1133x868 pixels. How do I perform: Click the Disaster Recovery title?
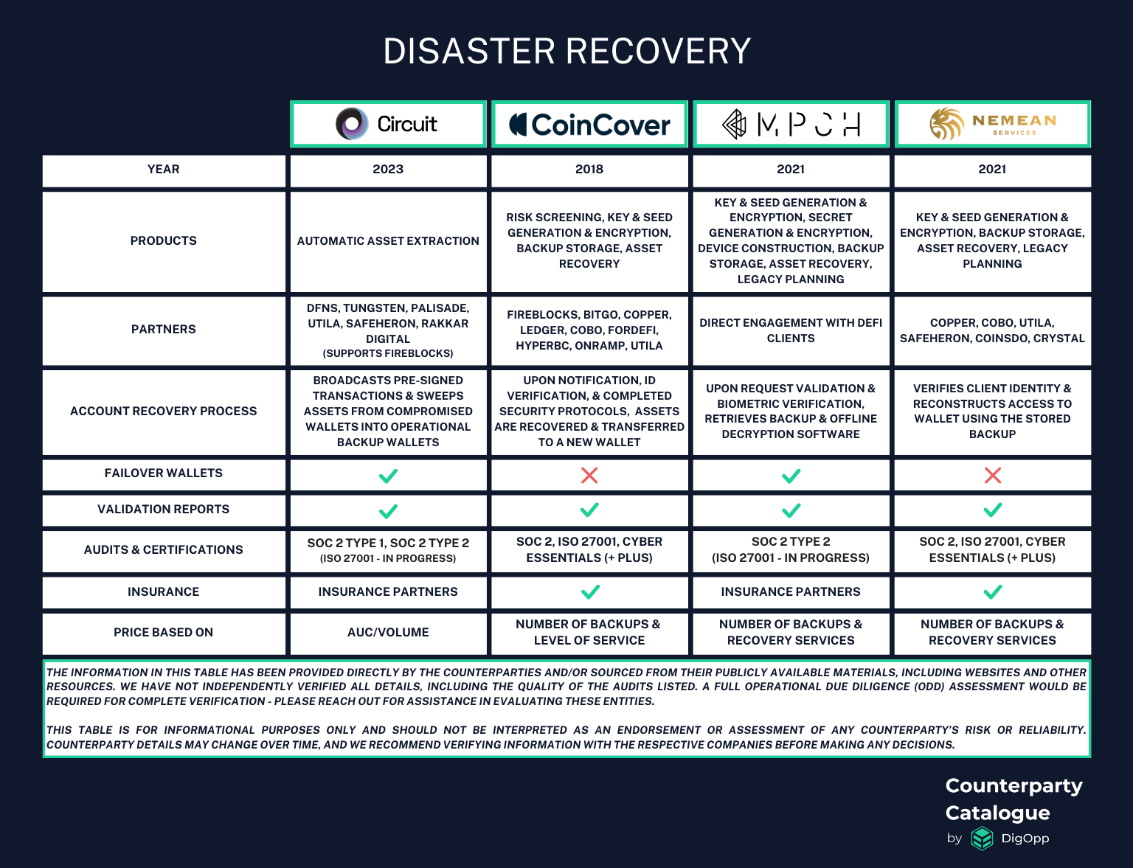[566, 52]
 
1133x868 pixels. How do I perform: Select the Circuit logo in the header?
[388, 124]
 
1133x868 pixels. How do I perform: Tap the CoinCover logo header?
[589, 124]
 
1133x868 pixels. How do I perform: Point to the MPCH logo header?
[791, 124]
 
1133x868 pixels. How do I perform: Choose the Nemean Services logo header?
[992, 124]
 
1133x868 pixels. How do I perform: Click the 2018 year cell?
[589, 170]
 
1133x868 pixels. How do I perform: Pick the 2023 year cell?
[388, 170]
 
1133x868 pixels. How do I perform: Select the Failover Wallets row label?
[164, 473]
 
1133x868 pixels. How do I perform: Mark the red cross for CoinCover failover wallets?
[589, 475]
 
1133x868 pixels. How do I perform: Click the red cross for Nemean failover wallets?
[993, 475]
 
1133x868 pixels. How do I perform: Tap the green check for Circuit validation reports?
[388, 510]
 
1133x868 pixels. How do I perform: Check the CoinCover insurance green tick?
[590, 591]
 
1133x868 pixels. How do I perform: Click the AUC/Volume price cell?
[388, 633]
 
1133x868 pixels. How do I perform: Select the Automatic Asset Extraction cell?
[388, 241]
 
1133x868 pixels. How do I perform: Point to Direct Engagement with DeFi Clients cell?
[791, 330]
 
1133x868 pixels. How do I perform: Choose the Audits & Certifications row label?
[164, 550]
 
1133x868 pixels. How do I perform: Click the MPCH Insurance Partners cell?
[791, 592]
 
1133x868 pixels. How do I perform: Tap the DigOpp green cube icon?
[982, 839]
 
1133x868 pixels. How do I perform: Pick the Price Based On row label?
[164, 633]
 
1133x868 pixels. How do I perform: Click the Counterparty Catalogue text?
[1014, 799]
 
